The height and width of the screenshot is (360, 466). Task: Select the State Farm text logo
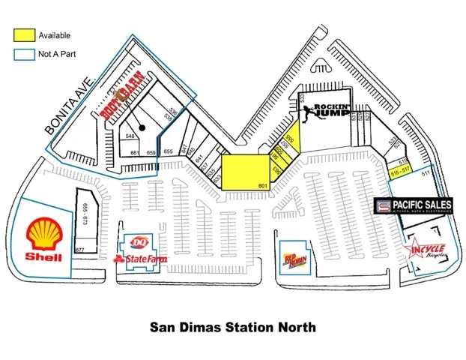pyautogui.click(x=140, y=259)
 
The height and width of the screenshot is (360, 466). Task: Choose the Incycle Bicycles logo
pyautogui.click(x=426, y=250)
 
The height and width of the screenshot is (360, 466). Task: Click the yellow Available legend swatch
pyautogui.click(x=25, y=34)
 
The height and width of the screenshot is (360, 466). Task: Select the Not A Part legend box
pyautogui.click(x=25, y=54)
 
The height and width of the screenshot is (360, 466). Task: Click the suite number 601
pyautogui.click(x=263, y=184)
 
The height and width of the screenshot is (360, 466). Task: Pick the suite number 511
pyautogui.click(x=426, y=175)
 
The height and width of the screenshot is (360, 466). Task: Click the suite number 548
pyautogui.click(x=131, y=136)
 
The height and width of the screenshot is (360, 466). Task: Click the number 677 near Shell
pyautogui.click(x=80, y=250)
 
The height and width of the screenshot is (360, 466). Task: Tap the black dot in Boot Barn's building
pyautogui.click(x=140, y=128)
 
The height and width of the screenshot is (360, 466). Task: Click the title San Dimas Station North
pyautogui.click(x=233, y=327)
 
